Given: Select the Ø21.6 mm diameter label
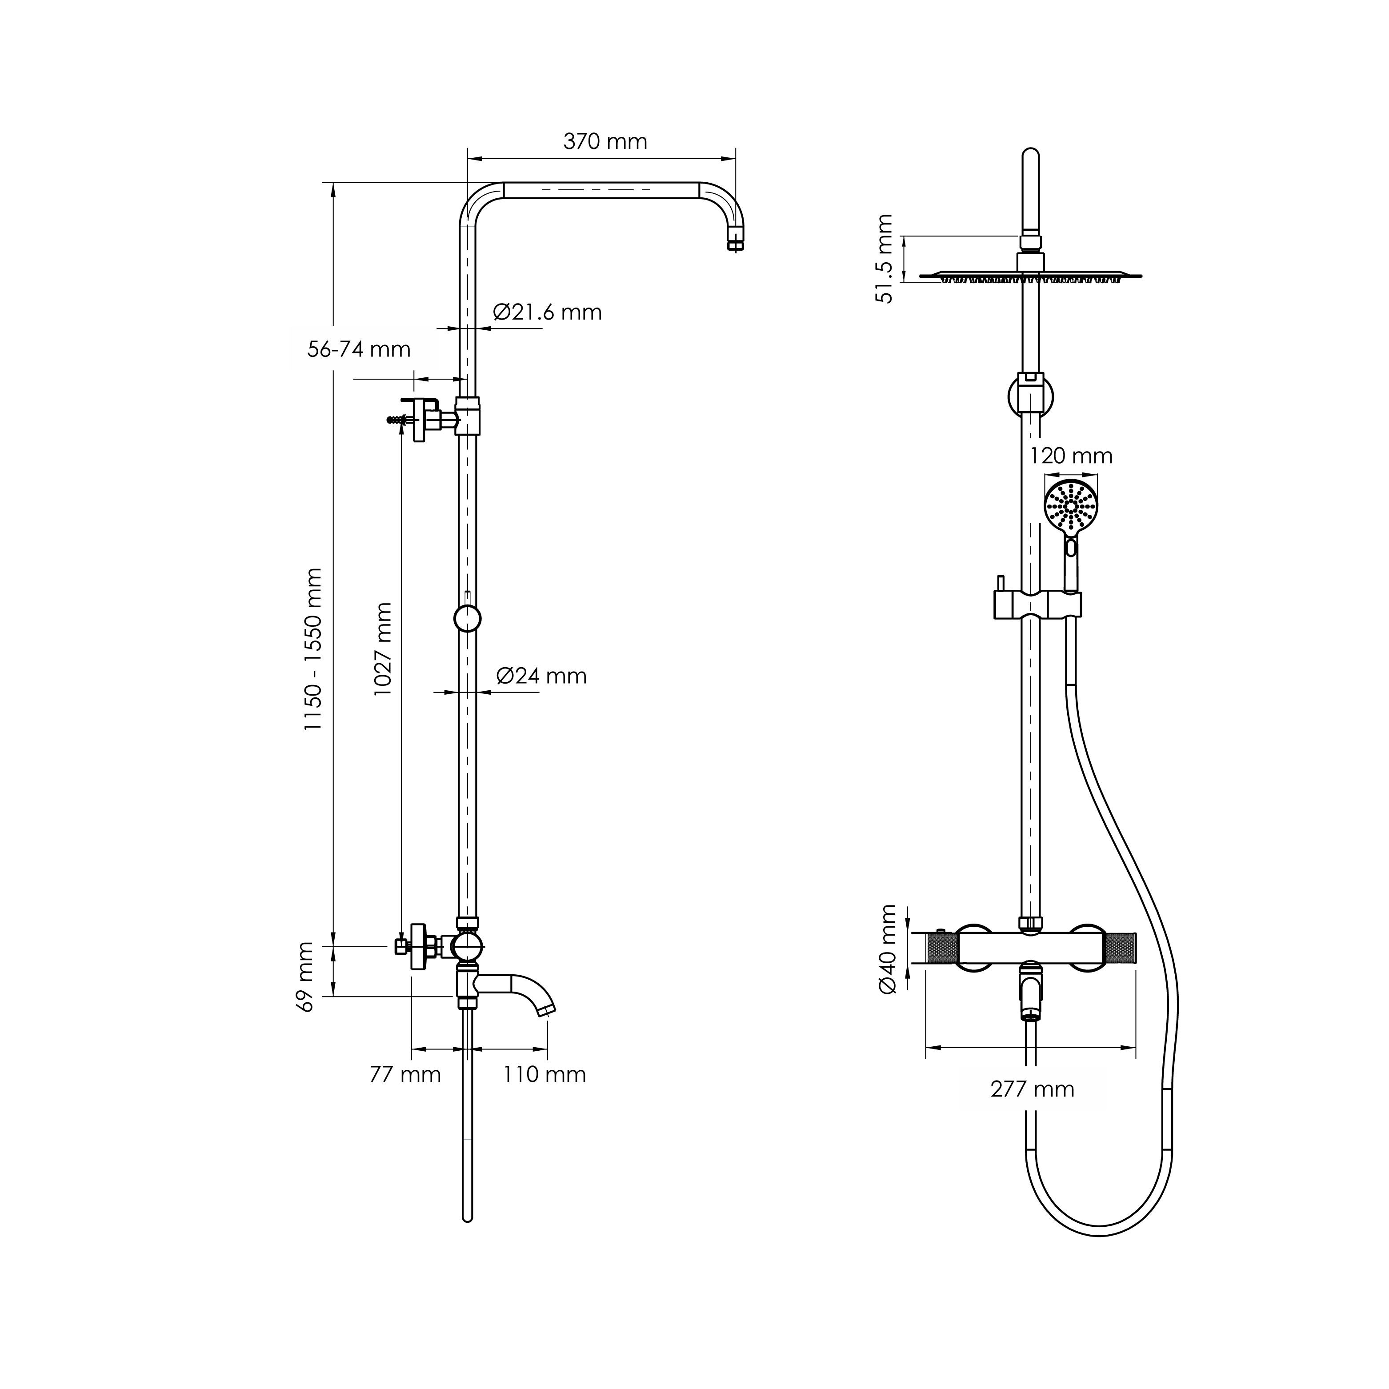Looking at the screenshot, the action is [x=547, y=312].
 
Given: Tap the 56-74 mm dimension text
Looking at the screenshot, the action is [x=359, y=349].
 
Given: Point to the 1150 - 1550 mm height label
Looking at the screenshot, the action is [x=313, y=649].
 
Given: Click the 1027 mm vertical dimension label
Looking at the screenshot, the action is [x=383, y=648].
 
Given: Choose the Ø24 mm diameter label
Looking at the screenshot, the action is [x=541, y=676].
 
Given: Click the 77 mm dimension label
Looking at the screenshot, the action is [x=405, y=1074].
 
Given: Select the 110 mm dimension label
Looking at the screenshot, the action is [x=544, y=1074].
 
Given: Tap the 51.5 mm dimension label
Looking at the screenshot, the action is [x=885, y=259].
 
